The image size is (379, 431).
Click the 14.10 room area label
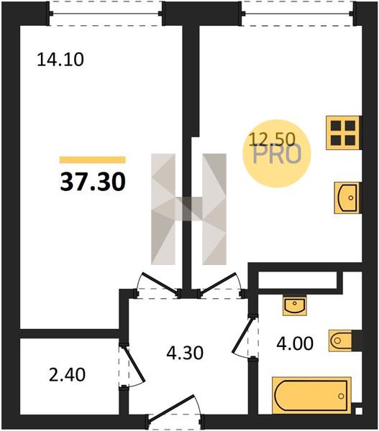[60, 60]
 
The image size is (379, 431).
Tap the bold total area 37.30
[93, 182]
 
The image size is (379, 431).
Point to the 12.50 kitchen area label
[272, 139]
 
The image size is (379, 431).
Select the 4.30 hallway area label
[185, 353]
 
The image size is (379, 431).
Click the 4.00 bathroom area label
[295, 343]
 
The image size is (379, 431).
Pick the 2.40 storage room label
[67, 375]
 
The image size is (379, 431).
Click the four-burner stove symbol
[342, 133]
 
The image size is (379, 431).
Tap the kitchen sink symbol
[347, 198]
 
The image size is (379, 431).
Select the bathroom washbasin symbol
[295, 306]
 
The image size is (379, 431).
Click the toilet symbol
[340, 340]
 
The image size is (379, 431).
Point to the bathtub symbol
[311, 395]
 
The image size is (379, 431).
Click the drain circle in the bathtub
[342, 396]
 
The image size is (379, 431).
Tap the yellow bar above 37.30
[93, 160]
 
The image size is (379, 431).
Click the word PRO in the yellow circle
[277, 155]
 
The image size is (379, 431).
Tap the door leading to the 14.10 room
[157, 285]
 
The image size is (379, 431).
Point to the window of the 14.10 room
[106, 13]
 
